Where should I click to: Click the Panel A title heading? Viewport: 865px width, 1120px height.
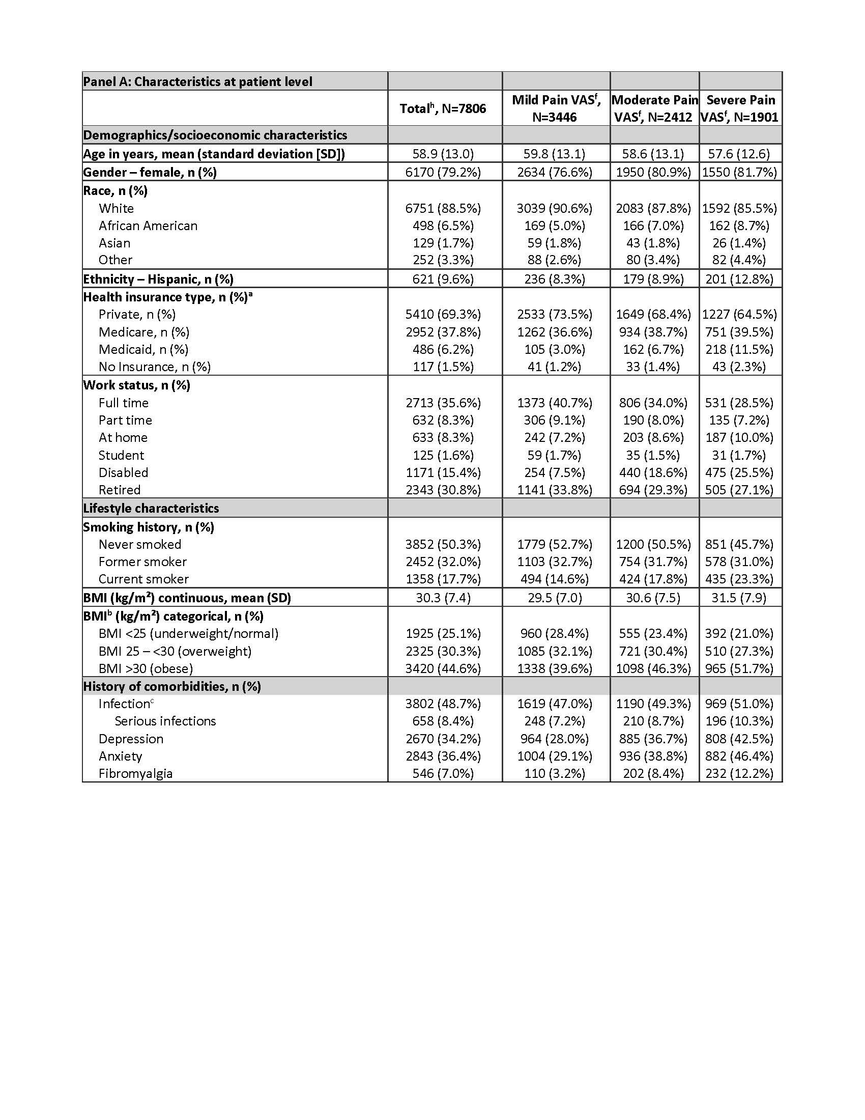coord(198,81)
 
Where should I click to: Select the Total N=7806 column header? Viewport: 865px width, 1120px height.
coord(443,108)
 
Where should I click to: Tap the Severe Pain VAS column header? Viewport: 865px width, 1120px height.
coord(740,108)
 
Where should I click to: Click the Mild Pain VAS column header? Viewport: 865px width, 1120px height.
coord(556,108)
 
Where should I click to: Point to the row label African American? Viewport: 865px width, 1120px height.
coord(148,226)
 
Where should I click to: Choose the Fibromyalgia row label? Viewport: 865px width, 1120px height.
coord(136,773)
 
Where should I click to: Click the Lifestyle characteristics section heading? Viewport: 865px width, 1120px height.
coord(151,508)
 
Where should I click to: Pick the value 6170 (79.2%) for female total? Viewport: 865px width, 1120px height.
coord(443,172)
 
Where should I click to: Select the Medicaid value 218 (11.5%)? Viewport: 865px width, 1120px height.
coord(739,349)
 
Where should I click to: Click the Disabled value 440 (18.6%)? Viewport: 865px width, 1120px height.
coord(653,472)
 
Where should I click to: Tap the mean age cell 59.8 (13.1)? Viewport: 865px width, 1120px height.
coord(555,154)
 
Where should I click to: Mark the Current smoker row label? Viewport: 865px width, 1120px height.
coord(144,579)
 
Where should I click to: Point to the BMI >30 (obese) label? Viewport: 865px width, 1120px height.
coord(146,668)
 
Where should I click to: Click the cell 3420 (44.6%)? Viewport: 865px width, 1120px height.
coord(443,668)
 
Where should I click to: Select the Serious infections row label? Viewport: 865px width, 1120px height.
coord(165,721)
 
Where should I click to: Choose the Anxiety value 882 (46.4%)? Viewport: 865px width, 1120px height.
coord(739,756)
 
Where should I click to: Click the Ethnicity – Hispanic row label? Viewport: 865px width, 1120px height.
coord(158,279)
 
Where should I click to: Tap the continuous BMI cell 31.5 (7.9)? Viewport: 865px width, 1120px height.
coord(739,598)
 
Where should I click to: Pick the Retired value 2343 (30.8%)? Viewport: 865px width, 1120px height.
coord(443,490)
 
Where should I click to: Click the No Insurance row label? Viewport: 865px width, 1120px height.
coord(155,367)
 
